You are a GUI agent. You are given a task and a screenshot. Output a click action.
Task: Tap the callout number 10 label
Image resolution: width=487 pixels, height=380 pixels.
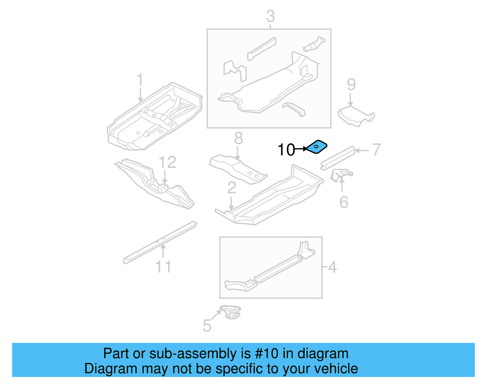pos(286,150)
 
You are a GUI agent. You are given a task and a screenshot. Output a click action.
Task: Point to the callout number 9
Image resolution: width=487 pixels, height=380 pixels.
pos(351,85)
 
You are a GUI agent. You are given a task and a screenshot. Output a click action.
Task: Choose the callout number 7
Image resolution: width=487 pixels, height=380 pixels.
pos(376,150)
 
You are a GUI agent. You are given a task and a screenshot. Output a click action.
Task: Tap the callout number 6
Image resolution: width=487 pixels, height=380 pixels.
pos(344,202)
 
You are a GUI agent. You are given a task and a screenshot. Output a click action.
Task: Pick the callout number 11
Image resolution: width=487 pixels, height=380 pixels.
pos(163,267)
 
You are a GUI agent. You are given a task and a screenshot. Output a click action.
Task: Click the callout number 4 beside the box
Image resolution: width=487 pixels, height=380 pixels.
pos(332,267)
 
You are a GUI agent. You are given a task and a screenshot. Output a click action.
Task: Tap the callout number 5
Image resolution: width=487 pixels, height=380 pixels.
pos(207,326)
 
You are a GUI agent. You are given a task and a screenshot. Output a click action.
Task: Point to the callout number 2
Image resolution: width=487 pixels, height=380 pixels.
pos(232,188)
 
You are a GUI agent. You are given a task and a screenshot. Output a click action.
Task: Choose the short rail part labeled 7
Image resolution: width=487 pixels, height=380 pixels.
pos(338,158)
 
